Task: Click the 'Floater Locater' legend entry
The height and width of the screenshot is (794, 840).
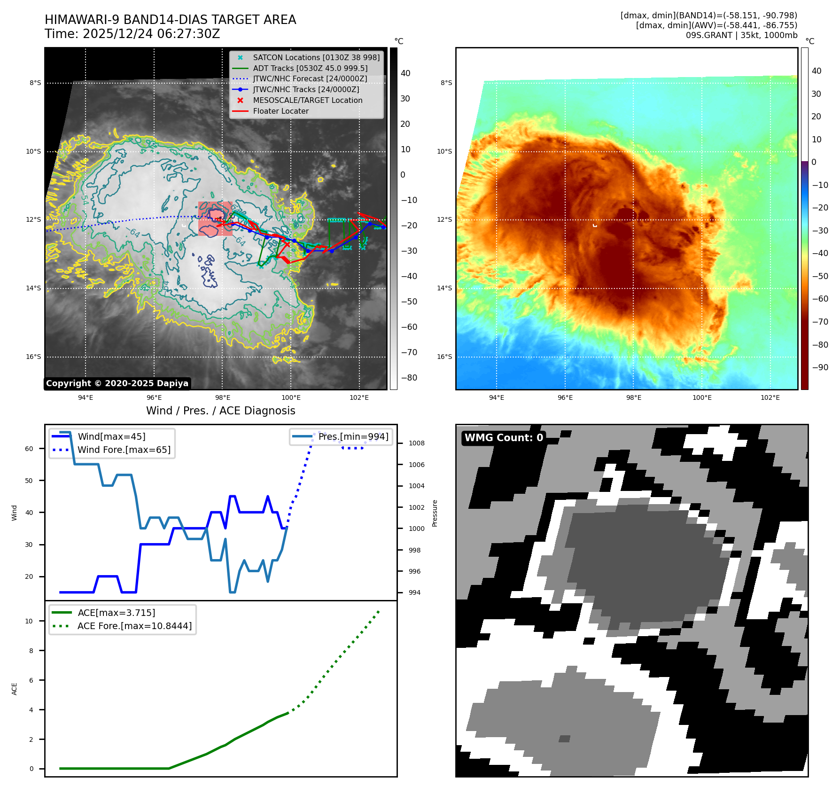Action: [280, 111]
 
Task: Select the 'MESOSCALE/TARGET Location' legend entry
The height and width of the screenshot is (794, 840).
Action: [307, 101]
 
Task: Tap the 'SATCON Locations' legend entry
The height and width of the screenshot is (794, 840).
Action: [316, 58]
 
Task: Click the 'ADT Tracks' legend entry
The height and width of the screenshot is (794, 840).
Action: [310, 69]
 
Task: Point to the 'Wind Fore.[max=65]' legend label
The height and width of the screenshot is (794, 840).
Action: [124, 450]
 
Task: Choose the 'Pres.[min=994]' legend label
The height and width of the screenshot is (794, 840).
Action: [353, 437]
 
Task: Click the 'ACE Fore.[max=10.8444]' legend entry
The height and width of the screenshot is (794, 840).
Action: [134, 626]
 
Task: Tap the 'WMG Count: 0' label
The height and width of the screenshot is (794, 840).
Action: [504, 438]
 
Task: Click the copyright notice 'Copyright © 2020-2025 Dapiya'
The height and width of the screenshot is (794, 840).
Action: [117, 383]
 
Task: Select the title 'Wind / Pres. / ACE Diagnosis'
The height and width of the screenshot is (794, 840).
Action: [220, 411]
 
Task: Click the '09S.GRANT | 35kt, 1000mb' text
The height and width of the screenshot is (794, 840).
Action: [741, 36]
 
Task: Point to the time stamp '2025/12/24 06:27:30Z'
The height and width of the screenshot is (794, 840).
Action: [151, 34]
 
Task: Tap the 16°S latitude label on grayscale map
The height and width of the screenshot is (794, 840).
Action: [33, 357]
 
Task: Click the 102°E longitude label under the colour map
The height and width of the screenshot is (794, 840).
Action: [770, 398]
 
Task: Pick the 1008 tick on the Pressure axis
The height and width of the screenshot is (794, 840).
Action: [416, 444]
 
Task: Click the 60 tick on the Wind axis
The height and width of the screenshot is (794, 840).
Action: [29, 449]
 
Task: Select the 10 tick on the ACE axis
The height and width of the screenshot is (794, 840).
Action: [29, 622]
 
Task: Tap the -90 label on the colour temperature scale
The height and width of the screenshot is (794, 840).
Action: [820, 368]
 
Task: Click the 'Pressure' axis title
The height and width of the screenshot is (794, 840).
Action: [435, 514]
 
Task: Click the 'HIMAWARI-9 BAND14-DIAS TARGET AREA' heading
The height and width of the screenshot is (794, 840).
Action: [170, 20]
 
